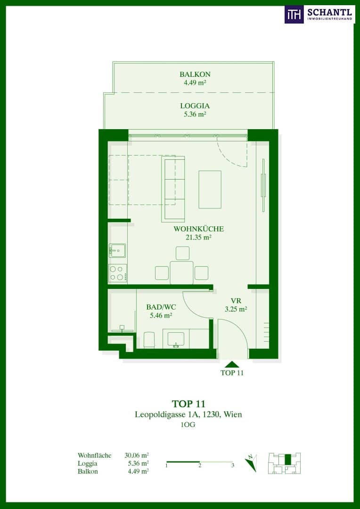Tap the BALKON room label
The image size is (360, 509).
click(195, 78)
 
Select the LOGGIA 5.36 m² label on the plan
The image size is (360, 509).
click(195, 110)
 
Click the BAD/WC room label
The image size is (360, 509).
click(159, 311)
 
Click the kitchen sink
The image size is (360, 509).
click(117, 251)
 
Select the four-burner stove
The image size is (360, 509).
click(117, 273)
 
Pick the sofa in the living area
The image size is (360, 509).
click(173, 189)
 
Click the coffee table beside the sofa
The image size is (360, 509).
click(210, 189)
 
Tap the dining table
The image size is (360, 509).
click(181, 273)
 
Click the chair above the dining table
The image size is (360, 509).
click(182, 253)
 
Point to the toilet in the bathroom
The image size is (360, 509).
click(149, 340)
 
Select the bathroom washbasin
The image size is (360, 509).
click(176, 339)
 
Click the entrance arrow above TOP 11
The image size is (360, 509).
click(231, 364)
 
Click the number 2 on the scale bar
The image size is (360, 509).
click(200, 466)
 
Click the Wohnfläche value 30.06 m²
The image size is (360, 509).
click(137, 455)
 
